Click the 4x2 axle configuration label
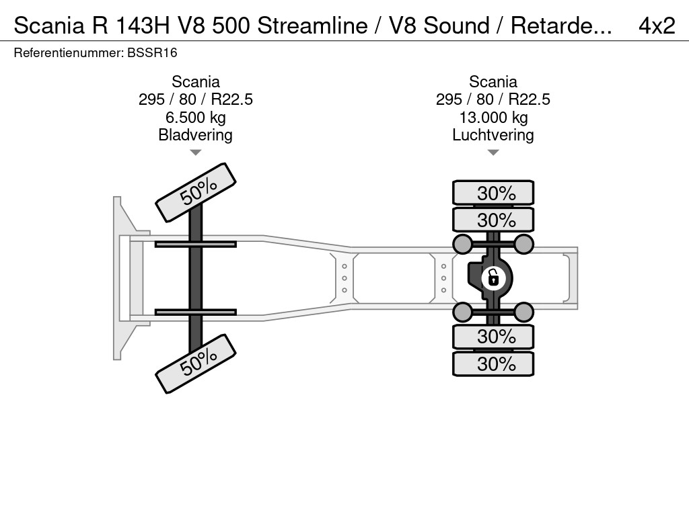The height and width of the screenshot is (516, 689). click(x=656, y=26)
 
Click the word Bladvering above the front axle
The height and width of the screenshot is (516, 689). click(x=195, y=135)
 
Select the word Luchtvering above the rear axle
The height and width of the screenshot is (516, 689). click(x=493, y=135)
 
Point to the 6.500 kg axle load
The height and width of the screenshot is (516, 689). click(x=195, y=118)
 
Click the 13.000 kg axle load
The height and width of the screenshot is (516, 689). click(x=493, y=118)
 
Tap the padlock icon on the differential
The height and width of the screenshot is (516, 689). click(x=493, y=277)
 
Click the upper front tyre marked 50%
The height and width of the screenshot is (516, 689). click(x=196, y=192)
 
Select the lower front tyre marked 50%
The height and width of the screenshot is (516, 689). click(x=196, y=363)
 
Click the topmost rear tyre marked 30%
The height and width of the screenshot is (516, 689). click(x=493, y=193)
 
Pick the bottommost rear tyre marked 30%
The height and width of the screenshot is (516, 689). click(x=493, y=364)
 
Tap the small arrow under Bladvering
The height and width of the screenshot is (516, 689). click(x=195, y=153)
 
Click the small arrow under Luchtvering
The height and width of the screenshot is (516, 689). click(x=493, y=153)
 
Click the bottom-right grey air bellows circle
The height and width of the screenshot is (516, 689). click(x=523, y=312)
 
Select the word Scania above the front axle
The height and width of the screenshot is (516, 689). click(x=195, y=82)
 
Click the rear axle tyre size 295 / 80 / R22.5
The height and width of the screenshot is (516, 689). click(x=493, y=99)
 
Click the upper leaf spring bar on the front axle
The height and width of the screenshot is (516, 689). click(x=195, y=244)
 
